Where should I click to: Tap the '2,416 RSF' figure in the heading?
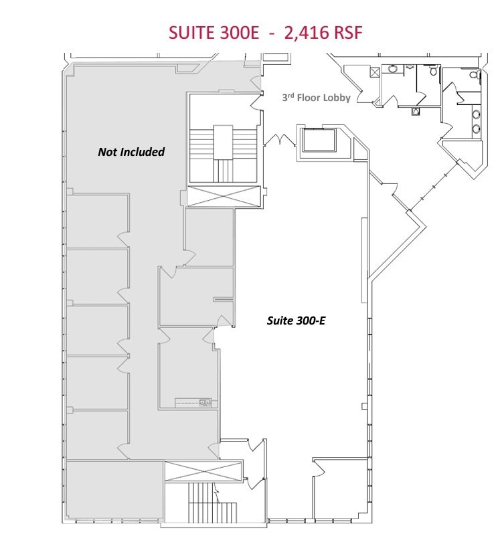point(323,33)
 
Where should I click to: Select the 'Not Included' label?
point(131,152)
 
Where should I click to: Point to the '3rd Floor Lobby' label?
point(316,98)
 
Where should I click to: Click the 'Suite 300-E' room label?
point(296,321)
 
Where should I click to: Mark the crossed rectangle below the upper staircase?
point(224,197)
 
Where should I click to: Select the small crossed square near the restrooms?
point(375,72)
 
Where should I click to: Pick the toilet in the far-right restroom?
point(475,76)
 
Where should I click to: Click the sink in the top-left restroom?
point(393,68)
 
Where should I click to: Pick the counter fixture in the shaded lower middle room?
point(193,402)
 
